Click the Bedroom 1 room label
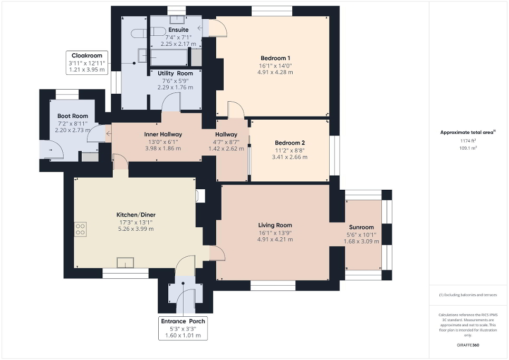click(x=275, y=58)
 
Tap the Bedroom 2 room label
click(x=290, y=143)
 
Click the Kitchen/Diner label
click(x=136, y=215)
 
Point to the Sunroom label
click(x=361, y=227)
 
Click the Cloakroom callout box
click(x=87, y=62)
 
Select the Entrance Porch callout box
click(x=182, y=328)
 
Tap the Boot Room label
click(x=73, y=116)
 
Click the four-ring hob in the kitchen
click(x=80, y=229)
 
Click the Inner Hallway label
click(x=163, y=134)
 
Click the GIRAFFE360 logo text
click(x=468, y=345)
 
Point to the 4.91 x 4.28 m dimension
click(x=275, y=73)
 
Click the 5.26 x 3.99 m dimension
click(x=136, y=229)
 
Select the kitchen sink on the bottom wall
click(x=126, y=262)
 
